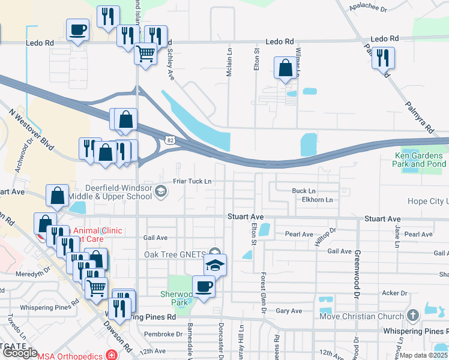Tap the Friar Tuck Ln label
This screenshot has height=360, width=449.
[193, 181]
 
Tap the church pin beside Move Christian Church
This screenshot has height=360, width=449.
[412, 315]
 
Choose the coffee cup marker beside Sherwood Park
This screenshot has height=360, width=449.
[203, 286]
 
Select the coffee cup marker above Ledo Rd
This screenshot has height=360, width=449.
[78, 29]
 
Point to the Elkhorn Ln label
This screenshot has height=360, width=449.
[318, 200]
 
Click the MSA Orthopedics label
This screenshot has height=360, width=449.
[71, 355]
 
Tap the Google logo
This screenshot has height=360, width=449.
[20, 353]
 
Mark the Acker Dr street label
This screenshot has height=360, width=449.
[395, 293]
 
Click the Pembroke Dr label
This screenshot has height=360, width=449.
[163, 334]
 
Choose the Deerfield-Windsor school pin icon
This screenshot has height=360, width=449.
[161, 191]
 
